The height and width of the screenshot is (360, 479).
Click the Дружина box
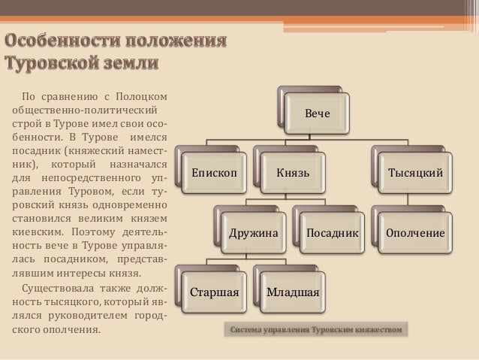point(253,234)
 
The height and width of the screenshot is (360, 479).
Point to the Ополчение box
point(414,234)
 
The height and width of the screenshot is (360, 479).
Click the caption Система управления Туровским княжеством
point(316,330)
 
